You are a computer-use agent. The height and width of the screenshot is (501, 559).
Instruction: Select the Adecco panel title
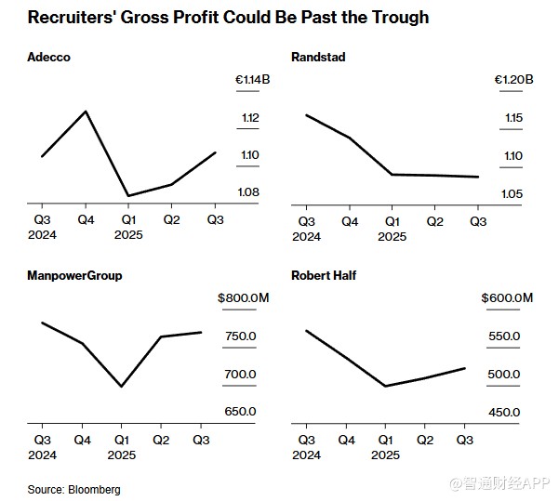pyautogui.click(x=49, y=58)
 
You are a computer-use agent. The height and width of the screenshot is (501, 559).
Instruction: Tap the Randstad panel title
pyautogui.click(x=318, y=58)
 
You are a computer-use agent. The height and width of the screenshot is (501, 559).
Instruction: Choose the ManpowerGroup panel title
pyautogui.click(x=75, y=276)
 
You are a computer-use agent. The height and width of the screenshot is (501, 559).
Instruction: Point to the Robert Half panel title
pyautogui.click(x=324, y=276)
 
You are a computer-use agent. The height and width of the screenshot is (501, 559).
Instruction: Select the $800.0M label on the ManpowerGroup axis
pyautogui.click(x=245, y=298)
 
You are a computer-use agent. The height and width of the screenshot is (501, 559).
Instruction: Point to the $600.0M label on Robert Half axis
pyautogui.click(x=507, y=298)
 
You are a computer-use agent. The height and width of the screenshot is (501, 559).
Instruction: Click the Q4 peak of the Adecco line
pyautogui.click(x=86, y=112)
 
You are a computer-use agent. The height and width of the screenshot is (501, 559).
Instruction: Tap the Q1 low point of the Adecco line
pyautogui.click(x=128, y=196)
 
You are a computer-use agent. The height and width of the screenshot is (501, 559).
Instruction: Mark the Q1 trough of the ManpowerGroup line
pyautogui.click(x=122, y=387)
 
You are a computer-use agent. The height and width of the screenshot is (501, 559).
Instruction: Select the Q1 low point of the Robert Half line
pyautogui.click(x=385, y=386)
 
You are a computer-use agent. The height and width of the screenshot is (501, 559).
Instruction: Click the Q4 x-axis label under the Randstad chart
pyautogui.click(x=350, y=221)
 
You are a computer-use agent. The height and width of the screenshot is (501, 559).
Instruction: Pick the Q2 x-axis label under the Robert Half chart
pyautogui.click(x=425, y=440)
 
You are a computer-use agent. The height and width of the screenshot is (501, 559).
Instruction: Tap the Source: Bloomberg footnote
pyautogui.click(x=74, y=489)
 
